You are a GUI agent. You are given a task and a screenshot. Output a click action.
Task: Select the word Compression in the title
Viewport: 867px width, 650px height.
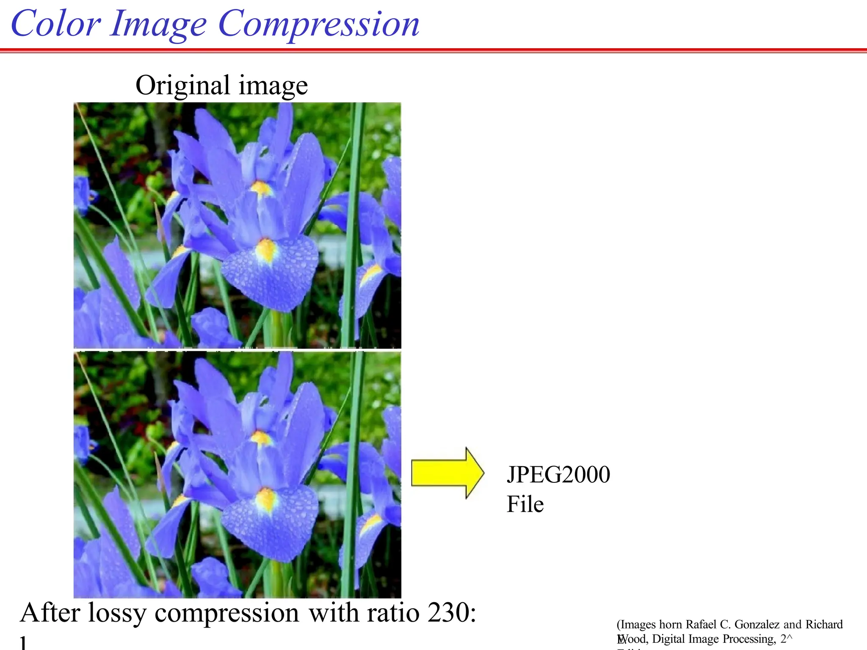318,25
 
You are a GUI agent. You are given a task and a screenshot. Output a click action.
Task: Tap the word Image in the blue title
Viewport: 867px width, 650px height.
158,25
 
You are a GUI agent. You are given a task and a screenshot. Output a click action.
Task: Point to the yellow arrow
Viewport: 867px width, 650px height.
447,473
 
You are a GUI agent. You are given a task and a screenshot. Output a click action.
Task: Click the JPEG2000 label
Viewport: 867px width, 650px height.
558,474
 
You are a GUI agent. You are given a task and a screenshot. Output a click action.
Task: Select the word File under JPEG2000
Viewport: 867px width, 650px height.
525,504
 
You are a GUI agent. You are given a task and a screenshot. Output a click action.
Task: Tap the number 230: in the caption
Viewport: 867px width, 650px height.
451,612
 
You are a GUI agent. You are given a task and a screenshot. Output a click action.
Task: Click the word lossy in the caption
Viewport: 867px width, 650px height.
117,613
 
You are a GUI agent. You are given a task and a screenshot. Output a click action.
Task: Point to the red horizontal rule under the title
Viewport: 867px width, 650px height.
433,51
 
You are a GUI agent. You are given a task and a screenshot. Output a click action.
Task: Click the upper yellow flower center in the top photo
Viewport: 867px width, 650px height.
261,187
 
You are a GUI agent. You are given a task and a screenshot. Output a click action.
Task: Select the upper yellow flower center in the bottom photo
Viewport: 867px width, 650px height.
261,438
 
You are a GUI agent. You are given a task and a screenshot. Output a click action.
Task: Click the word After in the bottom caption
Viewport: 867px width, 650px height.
50,612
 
